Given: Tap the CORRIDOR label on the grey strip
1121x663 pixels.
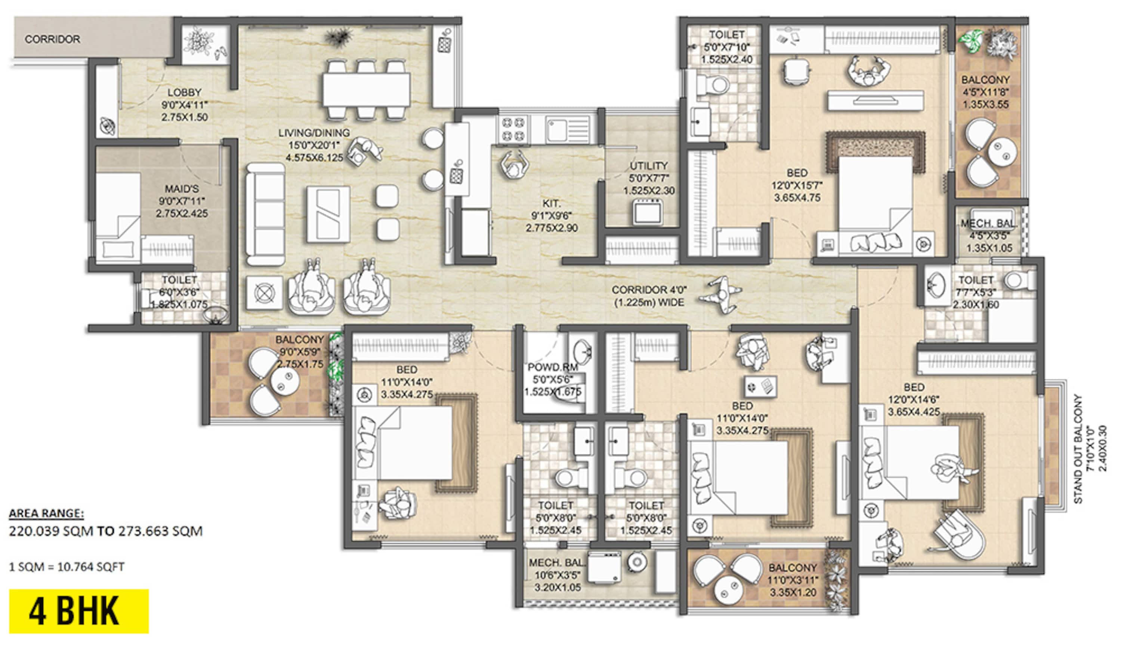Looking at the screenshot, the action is [52, 39].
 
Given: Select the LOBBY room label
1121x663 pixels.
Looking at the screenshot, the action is [184, 92].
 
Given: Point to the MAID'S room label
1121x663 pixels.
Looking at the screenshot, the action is [182, 189].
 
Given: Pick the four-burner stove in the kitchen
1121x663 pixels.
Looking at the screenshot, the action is [513, 129].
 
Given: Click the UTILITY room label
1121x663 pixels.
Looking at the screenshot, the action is [649, 166].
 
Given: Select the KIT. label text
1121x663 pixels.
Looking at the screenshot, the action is [552, 203].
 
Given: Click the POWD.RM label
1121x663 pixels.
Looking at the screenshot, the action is [553, 367].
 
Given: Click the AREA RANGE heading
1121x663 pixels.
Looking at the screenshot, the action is [46, 514].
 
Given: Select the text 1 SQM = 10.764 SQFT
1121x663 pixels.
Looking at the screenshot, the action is [67, 567].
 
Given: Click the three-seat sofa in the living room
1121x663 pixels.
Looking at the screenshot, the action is [266, 214].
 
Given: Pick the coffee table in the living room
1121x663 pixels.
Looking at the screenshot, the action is [328, 214].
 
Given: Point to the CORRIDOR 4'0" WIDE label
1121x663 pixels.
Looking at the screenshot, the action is [649, 296].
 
